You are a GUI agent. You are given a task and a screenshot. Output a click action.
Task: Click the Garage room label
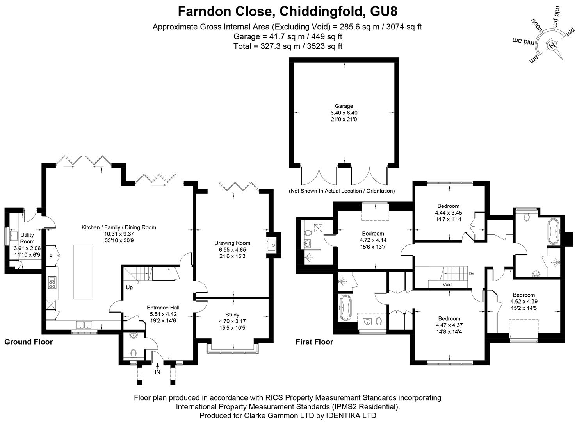coord(344,106)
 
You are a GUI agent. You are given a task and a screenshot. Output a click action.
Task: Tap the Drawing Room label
coord(232,243)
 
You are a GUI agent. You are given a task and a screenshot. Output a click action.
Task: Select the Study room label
coord(232,315)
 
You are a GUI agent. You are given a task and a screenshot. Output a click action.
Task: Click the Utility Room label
coord(27,238)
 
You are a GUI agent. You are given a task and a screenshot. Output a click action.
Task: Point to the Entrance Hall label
coord(163,308)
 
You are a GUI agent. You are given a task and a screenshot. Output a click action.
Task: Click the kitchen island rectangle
coord(83,272)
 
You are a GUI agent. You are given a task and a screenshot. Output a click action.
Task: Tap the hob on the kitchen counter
coord(52,283)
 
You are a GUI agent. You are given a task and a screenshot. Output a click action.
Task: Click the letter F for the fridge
coord(51,257)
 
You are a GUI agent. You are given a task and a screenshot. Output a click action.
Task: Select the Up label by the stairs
coord(129,288)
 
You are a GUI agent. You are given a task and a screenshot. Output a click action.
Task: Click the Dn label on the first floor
coord(471,274)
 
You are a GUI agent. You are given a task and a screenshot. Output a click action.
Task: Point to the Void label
coord(447,284)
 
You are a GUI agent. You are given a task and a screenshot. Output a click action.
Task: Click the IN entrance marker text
coord(157,372)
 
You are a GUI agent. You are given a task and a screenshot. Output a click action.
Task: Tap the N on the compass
coord(552,46)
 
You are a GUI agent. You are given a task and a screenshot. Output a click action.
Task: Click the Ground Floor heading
coord(28,342)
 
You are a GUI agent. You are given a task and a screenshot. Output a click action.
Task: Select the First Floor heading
coord(314,342)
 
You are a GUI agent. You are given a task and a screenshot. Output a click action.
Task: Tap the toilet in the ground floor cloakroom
coord(133,353)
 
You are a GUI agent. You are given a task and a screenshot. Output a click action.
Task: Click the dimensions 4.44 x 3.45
coord(449,213)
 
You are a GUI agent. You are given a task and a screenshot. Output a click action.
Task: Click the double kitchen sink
coord(84,325)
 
